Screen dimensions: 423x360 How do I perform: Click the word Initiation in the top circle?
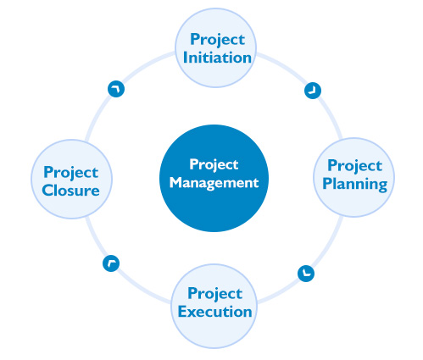point(217,58)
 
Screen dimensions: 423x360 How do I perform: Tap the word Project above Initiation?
point(217,40)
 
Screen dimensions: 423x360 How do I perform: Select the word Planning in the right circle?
point(354,185)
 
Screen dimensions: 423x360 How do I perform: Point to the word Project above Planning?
point(354,166)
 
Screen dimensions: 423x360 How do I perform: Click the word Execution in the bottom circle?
point(214,312)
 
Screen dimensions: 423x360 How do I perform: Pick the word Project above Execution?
point(214,294)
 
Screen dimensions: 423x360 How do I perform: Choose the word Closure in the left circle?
point(70,191)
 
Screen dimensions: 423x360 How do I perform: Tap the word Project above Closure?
point(70,173)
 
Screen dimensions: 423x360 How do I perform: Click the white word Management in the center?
point(214,183)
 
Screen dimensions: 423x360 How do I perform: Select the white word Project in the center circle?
point(214,164)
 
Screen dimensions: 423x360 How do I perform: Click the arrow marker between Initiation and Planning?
point(313,91)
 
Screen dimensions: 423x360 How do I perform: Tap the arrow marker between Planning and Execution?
point(306,274)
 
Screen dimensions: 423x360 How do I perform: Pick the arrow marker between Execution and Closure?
point(111,263)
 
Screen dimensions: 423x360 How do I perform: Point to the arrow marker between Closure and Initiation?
point(116,89)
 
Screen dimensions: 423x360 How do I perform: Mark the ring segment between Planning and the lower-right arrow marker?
point(329,244)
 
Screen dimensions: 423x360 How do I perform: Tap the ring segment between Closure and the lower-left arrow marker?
point(95,240)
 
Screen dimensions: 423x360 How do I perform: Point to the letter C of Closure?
point(47,191)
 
